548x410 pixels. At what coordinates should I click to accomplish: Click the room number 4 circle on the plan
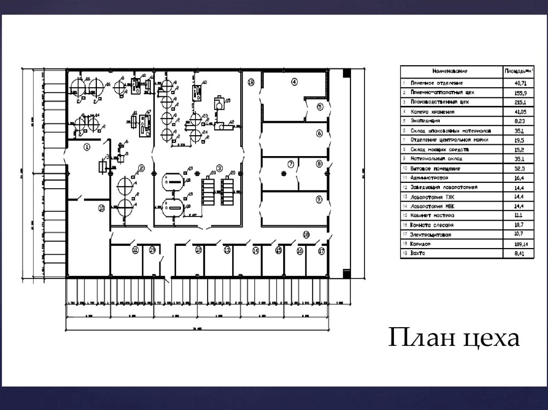(x=294, y=82)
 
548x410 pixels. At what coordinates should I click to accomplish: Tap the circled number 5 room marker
(x=319, y=107)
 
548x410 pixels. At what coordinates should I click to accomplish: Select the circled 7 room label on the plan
(x=291, y=164)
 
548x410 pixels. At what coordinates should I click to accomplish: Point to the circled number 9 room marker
(x=319, y=199)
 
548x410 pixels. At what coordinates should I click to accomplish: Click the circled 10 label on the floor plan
(x=101, y=208)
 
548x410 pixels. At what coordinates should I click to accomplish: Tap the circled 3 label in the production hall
(x=219, y=167)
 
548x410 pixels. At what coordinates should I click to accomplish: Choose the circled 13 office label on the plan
(x=227, y=250)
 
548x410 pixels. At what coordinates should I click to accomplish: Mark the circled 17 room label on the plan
(x=321, y=250)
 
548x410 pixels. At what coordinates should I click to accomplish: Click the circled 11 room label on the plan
(x=135, y=250)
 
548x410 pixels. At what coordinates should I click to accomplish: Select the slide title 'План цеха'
(x=453, y=338)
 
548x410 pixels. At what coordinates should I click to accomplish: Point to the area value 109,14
(x=519, y=243)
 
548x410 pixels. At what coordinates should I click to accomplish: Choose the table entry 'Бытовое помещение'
(x=435, y=168)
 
